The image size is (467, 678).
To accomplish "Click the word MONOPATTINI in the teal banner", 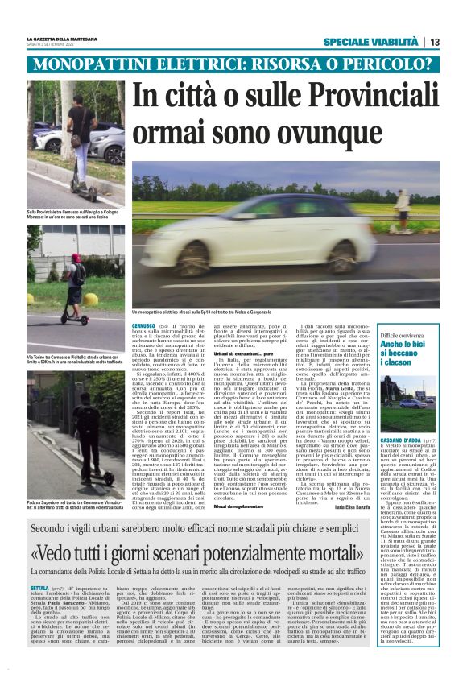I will coord(109,64).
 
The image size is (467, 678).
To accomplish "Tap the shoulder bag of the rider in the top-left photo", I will coord(78,138).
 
